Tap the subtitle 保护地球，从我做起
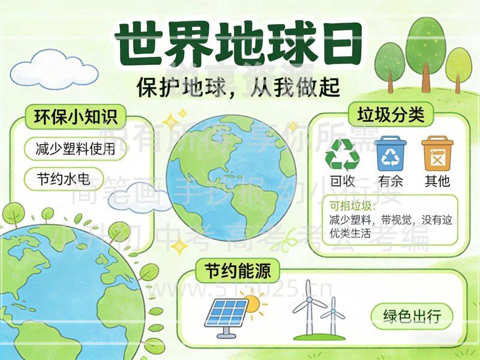238,88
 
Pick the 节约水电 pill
62,179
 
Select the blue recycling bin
391,154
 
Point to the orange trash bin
437,154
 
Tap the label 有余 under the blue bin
391,181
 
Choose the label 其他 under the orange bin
437,181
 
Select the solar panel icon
226,313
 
